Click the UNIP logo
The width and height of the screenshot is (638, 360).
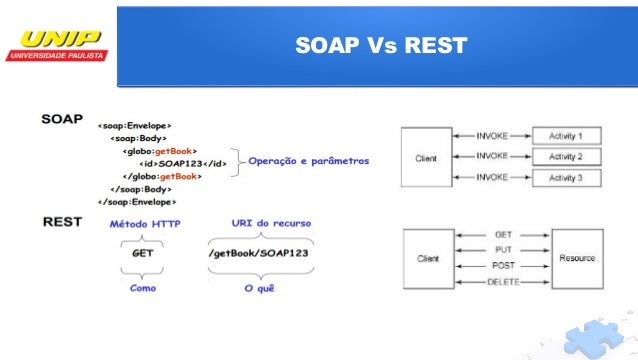click(57, 45)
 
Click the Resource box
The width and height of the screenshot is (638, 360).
click(577, 257)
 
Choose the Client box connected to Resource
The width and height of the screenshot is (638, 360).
click(426, 257)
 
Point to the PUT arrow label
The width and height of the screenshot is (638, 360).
click(503, 250)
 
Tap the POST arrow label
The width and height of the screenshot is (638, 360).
click(503, 266)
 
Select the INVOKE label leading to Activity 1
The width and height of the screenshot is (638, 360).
click(491, 134)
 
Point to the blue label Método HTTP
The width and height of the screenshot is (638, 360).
click(145, 224)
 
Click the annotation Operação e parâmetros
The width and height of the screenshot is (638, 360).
click(309, 160)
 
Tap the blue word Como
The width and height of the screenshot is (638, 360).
click(144, 287)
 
